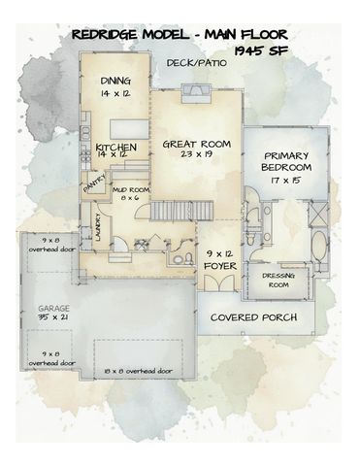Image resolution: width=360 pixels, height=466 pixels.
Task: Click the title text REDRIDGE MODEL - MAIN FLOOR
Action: click(x=179, y=35)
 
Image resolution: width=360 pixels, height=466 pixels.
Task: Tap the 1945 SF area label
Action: click(x=260, y=49)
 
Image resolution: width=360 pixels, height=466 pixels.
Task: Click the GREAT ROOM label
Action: click(x=196, y=143)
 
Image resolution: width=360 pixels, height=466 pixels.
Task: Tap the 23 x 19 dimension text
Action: click(x=196, y=154)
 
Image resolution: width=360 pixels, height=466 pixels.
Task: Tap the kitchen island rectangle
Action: click(x=125, y=127)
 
